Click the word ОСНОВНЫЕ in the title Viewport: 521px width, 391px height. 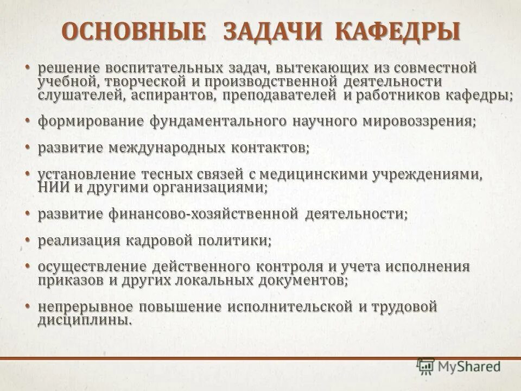pyautogui.click(x=134, y=31)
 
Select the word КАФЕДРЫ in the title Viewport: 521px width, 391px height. pyautogui.click(x=398, y=31)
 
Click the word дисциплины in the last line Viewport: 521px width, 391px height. pyautogui.click(x=84, y=320)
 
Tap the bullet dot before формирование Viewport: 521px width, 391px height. pyautogui.click(x=27, y=119)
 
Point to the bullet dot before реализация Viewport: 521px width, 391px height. pyautogui.click(x=27, y=239)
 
